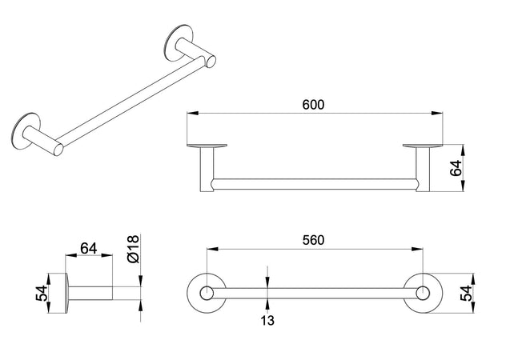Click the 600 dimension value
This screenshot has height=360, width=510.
point(313,105)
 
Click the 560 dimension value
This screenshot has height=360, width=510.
point(313,240)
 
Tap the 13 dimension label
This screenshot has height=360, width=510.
point(267,320)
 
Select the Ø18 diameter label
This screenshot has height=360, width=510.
point(133,249)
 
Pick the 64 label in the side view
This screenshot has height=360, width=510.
point(89,249)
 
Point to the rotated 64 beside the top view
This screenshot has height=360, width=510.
point(456,168)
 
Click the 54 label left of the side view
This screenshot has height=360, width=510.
point(42,294)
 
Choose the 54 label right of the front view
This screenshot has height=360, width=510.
point(465,294)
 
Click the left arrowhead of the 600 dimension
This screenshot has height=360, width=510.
point(192,113)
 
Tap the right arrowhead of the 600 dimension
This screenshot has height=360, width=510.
point(437,113)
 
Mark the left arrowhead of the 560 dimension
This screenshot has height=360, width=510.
point(212,249)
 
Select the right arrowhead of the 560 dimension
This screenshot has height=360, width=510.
point(417,249)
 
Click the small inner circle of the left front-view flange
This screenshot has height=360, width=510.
point(207,293)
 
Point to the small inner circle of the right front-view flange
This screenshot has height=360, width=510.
point(423,293)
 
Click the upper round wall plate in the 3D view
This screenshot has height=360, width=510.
point(178,42)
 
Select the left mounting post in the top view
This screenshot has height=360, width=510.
point(207,169)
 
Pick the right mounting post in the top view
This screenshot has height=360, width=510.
point(423,169)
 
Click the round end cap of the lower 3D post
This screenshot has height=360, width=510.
point(58,149)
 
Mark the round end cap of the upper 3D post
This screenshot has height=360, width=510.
point(211,61)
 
